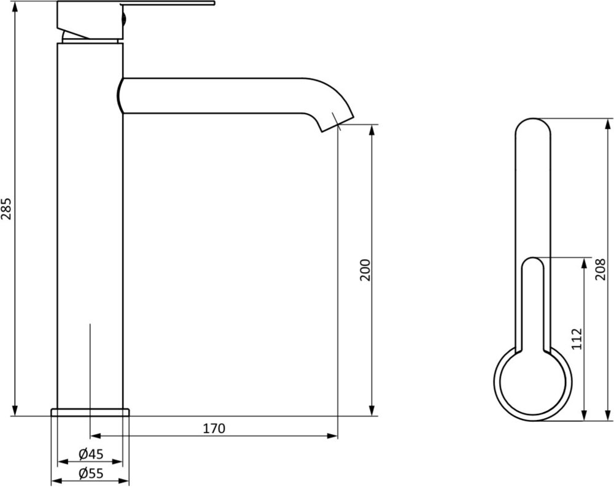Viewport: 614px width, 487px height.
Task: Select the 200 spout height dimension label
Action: pyautogui.click(x=365, y=270)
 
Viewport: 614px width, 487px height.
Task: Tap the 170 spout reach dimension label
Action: pyautogui.click(x=214, y=428)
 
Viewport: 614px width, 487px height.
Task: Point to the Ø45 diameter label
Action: pyautogui.click(x=91, y=454)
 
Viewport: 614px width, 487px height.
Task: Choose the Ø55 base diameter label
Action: pyautogui.click(x=91, y=473)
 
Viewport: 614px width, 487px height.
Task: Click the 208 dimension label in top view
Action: pyautogui.click(x=600, y=269)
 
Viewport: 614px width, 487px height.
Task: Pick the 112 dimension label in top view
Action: pyautogui.click(x=577, y=339)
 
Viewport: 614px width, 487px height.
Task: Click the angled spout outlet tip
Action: pyautogui.click(x=338, y=124)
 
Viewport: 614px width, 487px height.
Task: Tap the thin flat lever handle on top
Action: pyautogui.click(x=168, y=4)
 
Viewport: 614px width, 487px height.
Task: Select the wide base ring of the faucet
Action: pyautogui.click(x=90, y=412)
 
